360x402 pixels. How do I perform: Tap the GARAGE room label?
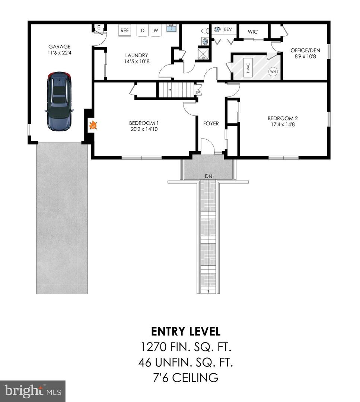coord(59,47)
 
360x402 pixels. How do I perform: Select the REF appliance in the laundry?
coord(124,30)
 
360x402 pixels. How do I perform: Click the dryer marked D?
coord(143,30)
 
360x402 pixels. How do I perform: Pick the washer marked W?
coord(156,30)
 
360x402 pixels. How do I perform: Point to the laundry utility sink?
coord(172,28)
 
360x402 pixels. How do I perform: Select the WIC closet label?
coord(253,32)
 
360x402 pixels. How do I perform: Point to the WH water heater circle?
coord(273,71)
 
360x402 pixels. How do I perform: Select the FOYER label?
coord(211,124)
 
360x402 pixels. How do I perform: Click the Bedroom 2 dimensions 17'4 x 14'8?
coord(283,125)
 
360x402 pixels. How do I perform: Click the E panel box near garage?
coord(99,28)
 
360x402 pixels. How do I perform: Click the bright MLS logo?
coord(32,391)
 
